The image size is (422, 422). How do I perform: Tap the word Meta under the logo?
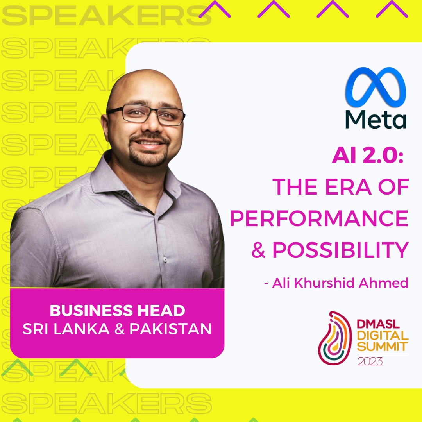[376, 119]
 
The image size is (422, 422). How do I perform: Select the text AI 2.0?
[368, 156]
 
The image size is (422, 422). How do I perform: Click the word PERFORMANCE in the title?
[320, 218]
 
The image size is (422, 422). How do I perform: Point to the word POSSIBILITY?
[341, 250]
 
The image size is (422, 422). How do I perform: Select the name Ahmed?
[384, 283]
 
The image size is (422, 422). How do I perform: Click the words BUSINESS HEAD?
[117, 310]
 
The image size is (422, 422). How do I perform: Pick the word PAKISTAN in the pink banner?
[170, 329]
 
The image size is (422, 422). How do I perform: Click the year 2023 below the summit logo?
[370, 361]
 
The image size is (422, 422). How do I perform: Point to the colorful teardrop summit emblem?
[334, 338]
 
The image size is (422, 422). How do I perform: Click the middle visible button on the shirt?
[165, 259]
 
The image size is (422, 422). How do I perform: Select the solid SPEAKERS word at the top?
[107, 16]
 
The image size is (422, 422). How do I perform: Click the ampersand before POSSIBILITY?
[258, 250]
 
